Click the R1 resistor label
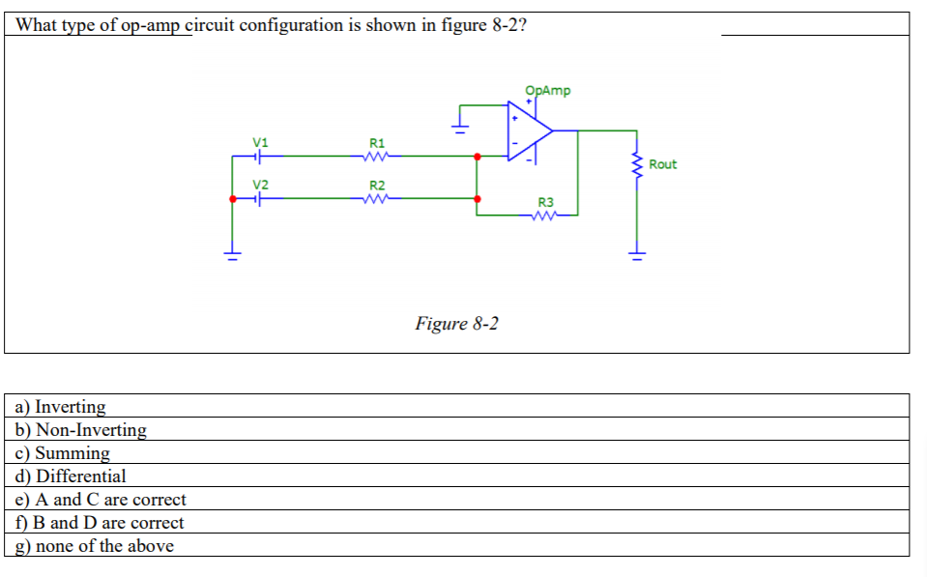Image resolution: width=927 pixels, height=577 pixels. tap(377, 143)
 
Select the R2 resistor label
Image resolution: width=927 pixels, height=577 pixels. tap(377, 186)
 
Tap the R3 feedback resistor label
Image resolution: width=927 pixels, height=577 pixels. tap(545, 202)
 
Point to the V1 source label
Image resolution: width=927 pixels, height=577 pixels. tap(259, 142)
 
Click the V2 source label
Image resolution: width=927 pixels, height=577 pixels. tap(259, 185)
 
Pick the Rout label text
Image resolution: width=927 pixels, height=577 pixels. tap(663, 164)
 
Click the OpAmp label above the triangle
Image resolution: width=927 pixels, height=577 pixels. tap(547, 91)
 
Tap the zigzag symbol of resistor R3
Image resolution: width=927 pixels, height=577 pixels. tap(545, 216)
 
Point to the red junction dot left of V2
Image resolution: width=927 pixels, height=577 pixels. tap(232, 198)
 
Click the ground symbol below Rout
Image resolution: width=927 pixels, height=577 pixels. tap(636, 256)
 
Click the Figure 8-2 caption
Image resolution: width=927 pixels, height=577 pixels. tap(456, 323)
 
